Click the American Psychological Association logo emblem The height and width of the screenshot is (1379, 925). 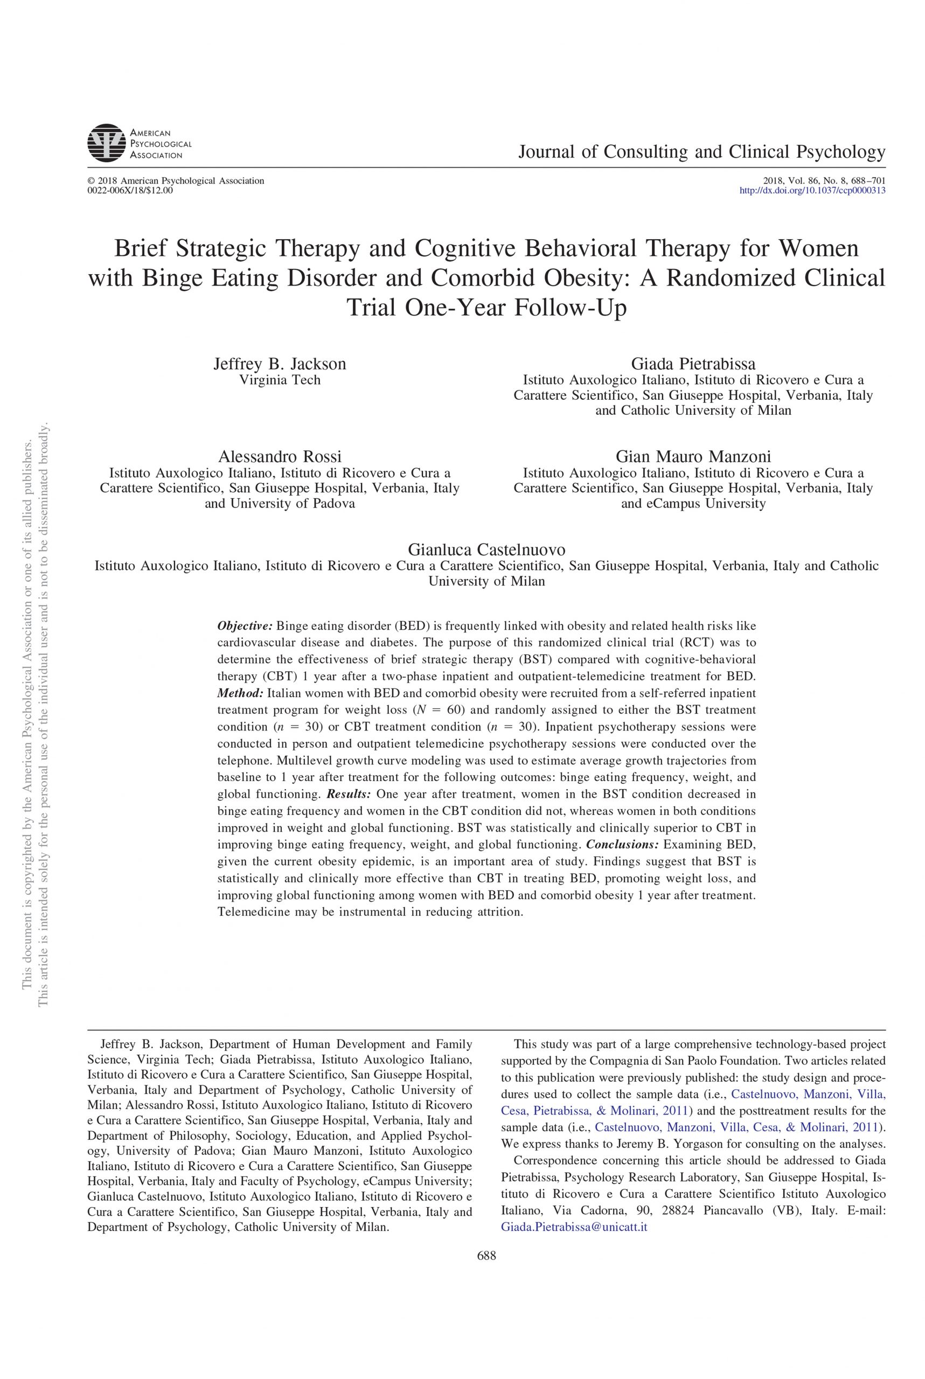(x=107, y=143)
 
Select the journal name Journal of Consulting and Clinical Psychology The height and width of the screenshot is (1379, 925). (x=701, y=152)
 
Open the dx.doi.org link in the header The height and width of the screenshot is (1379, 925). (x=812, y=191)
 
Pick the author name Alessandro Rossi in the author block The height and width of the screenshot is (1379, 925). (x=279, y=456)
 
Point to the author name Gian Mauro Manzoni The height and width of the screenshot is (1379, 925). (x=693, y=456)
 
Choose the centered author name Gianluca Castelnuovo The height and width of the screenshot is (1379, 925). (x=486, y=549)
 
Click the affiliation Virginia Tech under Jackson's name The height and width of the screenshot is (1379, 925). (x=279, y=380)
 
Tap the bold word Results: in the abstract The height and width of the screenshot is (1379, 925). (x=349, y=794)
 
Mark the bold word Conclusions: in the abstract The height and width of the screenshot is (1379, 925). (x=622, y=844)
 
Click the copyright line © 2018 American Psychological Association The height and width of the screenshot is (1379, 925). (x=175, y=181)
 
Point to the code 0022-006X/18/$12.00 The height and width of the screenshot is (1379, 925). (x=130, y=190)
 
